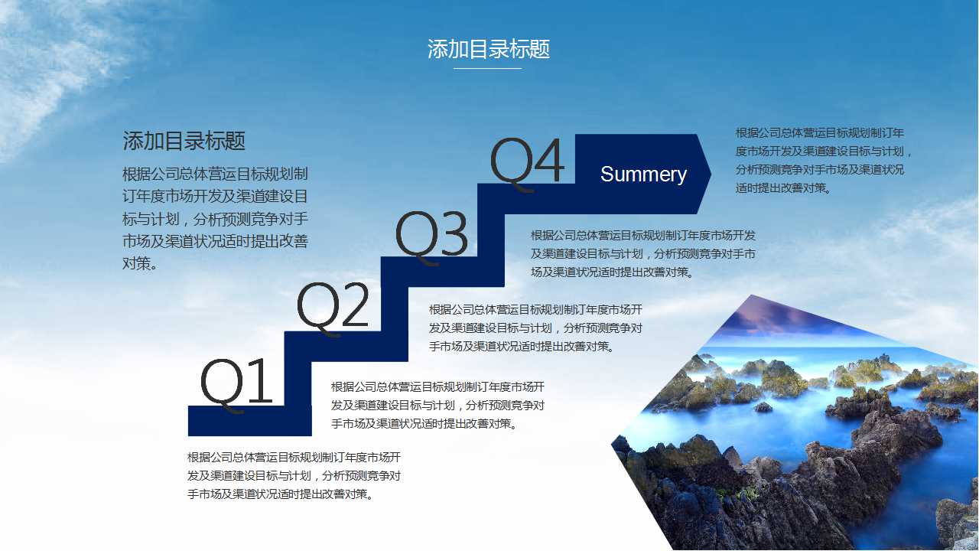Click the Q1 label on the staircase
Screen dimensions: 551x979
point(236,382)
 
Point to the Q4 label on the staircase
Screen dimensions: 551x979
point(527,162)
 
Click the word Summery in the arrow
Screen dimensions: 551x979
point(643,174)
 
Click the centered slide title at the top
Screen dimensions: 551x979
point(489,50)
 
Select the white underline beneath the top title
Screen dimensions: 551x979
point(487,69)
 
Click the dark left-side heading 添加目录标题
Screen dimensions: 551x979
point(184,141)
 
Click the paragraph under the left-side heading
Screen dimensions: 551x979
point(215,219)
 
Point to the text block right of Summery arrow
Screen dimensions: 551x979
point(825,160)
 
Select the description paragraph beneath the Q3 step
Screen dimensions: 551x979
point(643,253)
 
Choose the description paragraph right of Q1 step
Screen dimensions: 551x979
point(437,405)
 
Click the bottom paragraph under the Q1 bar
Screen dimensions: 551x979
point(294,475)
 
